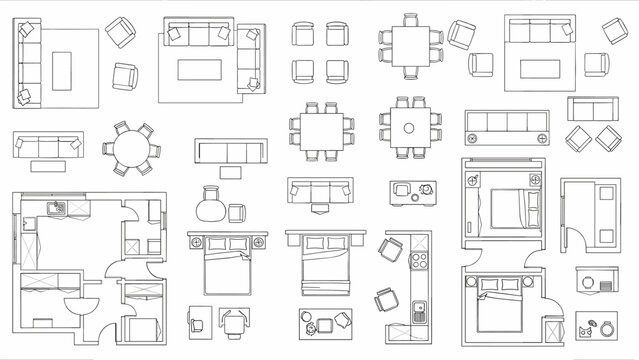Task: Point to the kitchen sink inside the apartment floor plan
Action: point(58,209)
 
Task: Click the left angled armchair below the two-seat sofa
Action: point(579,137)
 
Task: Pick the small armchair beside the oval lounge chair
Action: point(237,212)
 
